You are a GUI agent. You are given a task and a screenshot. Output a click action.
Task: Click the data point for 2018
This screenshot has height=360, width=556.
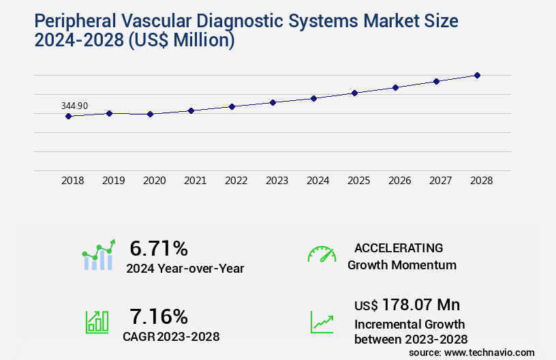tap(68, 117)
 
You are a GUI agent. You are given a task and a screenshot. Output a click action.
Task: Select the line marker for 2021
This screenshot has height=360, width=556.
tap(191, 110)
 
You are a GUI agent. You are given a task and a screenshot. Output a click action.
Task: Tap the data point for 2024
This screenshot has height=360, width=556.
tap(313, 98)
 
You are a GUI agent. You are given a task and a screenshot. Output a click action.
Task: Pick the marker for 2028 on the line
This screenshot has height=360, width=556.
tap(477, 75)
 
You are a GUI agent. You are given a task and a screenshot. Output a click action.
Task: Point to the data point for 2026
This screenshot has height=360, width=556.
tap(395, 87)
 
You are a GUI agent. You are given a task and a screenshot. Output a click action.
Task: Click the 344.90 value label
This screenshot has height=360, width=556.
tap(74, 106)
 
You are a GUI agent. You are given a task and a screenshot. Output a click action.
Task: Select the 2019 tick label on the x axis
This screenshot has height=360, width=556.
tap(114, 181)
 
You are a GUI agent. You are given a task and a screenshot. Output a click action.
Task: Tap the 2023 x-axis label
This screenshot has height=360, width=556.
tap(277, 181)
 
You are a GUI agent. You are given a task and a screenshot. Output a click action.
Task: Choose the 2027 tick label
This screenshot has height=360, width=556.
tap(441, 181)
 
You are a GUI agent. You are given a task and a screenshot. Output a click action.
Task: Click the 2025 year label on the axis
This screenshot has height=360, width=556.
tap(359, 181)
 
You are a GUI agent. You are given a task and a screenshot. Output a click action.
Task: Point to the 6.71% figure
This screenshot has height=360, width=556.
tap(159, 248)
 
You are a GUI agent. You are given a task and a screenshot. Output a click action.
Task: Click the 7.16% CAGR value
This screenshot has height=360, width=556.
tap(159, 316)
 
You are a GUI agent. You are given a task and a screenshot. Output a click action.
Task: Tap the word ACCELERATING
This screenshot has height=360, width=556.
tap(399, 248)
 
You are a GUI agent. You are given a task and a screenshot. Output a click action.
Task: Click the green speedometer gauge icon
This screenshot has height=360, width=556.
tap(322, 254)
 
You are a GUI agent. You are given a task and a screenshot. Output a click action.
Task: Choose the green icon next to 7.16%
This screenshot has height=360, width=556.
tap(97, 322)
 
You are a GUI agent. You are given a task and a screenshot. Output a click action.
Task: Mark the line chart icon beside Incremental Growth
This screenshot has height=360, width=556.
tap(322, 322)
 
